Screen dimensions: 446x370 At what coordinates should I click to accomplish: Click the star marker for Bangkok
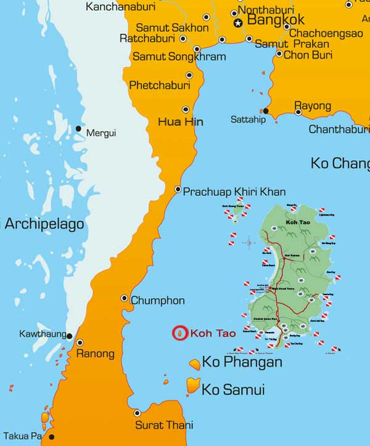point(238,23)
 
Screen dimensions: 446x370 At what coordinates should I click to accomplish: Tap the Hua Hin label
point(181,121)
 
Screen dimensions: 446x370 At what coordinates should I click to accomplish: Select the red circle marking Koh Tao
point(179,333)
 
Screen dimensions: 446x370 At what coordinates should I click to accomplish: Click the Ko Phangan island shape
point(195,364)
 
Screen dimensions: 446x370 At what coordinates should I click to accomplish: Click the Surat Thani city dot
point(138,413)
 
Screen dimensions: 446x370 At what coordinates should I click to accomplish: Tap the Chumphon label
point(157,301)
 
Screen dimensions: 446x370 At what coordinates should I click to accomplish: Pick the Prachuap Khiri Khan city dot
point(178,189)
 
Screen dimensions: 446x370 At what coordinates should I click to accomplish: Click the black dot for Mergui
point(78,129)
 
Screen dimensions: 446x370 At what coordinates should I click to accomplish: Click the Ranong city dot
point(79,343)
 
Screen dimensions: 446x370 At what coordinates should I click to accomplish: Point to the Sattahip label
point(248,120)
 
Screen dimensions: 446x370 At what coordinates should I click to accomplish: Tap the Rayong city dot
point(298,111)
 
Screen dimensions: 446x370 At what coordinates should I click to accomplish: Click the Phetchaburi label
point(158,86)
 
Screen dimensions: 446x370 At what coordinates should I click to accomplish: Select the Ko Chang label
point(340,163)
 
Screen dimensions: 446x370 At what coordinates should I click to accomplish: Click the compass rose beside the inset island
point(249,242)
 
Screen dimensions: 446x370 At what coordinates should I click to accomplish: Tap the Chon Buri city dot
point(279,54)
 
